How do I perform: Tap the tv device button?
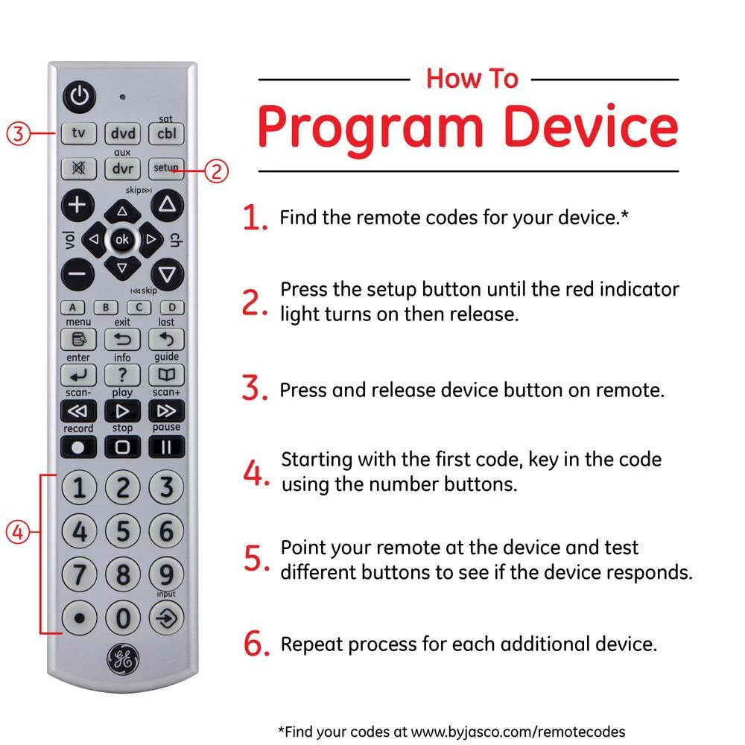click(78, 133)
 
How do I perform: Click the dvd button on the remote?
click(123, 133)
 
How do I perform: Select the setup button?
click(166, 168)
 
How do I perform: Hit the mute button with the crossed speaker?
click(78, 168)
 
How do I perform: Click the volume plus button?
click(77, 206)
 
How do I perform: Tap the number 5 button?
click(123, 530)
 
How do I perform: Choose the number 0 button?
click(123, 618)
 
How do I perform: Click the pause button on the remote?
click(166, 446)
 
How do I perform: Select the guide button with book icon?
click(166, 375)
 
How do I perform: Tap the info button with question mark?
click(123, 375)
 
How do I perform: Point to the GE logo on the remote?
click(123, 659)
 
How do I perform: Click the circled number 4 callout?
click(18, 532)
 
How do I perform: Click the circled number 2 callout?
click(216, 171)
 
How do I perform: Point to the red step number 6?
click(256, 643)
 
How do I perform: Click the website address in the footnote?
click(518, 732)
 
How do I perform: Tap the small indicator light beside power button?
click(123, 97)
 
